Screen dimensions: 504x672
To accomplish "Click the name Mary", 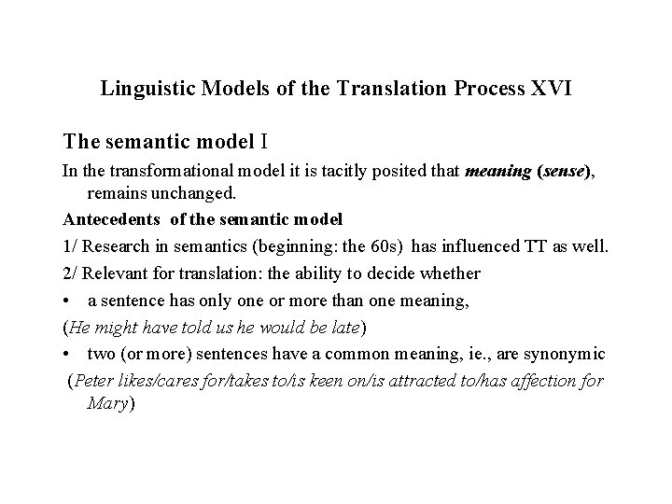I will (108, 404).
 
